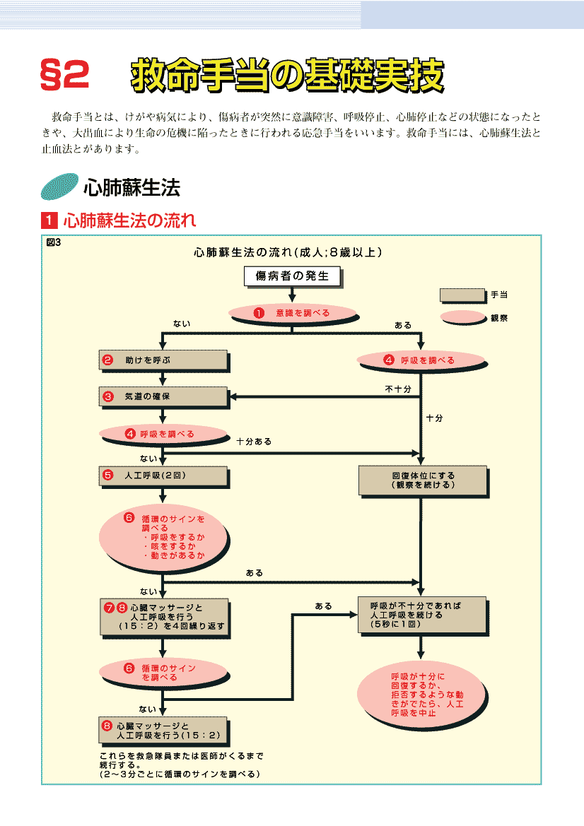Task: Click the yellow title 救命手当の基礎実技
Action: [x=287, y=74]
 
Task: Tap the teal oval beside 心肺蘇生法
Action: [x=59, y=187]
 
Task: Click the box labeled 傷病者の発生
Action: [x=292, y=276]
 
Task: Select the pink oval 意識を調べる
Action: [x=292, y=312]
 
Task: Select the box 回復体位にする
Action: [x=422, y=480]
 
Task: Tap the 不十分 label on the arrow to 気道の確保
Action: [x=398, y=389]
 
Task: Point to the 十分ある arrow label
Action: [x=254, y=441]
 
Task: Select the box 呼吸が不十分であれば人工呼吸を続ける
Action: [x=422, y=615]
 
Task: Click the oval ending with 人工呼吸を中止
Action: [x=422, y=693]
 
